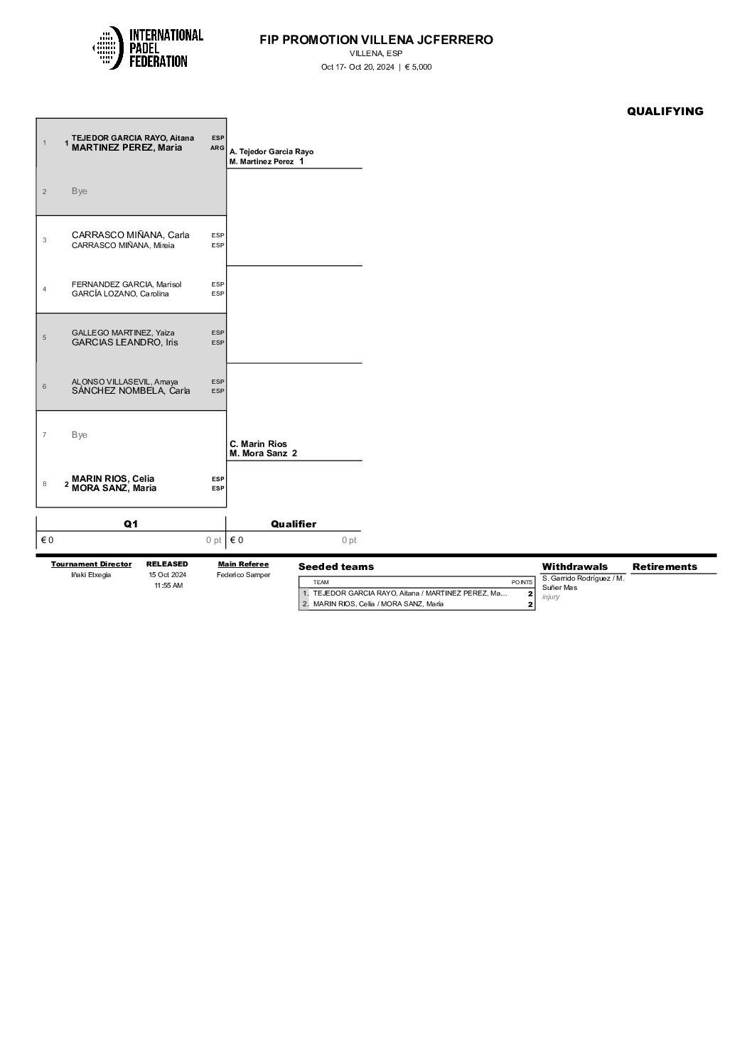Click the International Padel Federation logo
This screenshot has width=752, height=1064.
148,48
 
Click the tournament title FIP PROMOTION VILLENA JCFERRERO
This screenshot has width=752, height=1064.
376,40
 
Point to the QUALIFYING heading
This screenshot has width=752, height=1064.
665,111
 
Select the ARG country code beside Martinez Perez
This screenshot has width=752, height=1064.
217,148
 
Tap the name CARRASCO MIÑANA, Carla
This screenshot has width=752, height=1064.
130,235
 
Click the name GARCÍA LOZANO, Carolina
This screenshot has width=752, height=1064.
120,294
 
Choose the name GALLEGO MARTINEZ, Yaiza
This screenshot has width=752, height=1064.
123,333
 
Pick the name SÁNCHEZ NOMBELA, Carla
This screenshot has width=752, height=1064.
131,391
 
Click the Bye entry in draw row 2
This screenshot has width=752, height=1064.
80,191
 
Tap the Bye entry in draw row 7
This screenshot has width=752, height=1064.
80,435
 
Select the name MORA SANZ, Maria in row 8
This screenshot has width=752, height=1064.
114,488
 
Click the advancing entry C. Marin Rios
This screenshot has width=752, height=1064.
258,444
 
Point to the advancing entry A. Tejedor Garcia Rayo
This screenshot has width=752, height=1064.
271,151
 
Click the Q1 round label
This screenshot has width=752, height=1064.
131,524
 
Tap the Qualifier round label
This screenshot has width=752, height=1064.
293,524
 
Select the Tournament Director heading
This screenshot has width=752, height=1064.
91,564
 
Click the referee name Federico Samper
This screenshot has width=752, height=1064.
243,575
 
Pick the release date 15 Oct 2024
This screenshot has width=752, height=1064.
168,575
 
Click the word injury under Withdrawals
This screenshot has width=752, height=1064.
551,597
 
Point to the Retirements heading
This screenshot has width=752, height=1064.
665,566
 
